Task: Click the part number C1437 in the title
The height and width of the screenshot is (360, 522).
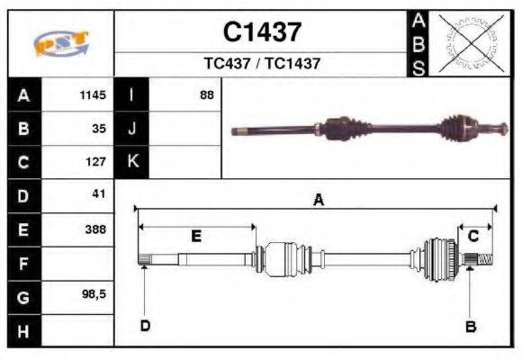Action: click(x=262, y=32)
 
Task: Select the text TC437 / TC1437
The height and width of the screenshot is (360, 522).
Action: click(x=262, y=64)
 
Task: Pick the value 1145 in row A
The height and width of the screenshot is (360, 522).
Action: click(x=93, y=94)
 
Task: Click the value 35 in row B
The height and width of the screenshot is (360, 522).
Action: click(x=99, y=128)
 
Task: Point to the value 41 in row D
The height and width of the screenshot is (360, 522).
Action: click(x=99, y=193)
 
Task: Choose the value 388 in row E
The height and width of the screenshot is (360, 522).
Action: click(x=95, y=229)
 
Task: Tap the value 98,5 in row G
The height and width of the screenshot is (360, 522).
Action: click(x=94, y=294)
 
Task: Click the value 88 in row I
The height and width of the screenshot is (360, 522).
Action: click(x=207, y=94)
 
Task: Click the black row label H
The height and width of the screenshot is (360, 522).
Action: click(x=23, y=331)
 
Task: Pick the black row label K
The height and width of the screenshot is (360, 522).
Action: click(x=132, y=162)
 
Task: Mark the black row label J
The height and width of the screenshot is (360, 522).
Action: click(x=132, y=129)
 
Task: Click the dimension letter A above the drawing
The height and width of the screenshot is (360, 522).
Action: click(x=317, y=202)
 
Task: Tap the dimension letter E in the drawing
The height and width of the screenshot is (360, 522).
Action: click(x=195, y=236)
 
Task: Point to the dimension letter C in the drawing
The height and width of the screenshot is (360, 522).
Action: click(x=472, y=236)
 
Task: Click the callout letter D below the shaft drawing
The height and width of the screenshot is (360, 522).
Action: click(x=144, y=325)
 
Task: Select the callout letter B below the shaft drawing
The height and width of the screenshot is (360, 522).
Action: click(x=470, y=326)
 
